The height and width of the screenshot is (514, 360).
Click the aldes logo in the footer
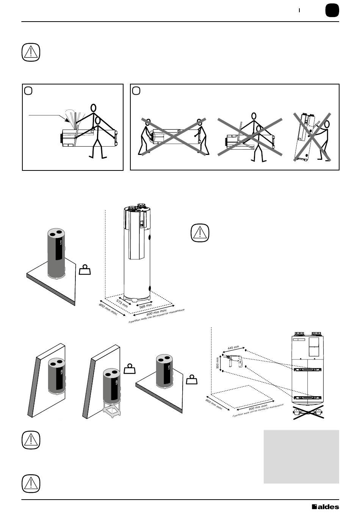(x=325, y=507)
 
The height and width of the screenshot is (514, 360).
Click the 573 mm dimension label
(x=122, y=303)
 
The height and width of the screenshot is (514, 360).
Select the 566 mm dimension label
(x=146, y=306)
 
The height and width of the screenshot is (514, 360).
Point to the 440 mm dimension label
(x=233, y=347)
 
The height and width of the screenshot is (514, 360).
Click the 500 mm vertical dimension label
(x=218, y=363)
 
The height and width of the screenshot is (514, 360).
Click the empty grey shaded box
(x=301, y=456)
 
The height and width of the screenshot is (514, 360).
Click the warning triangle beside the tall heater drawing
(x=200, y=233)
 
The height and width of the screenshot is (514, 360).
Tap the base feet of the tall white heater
(x=136, y=299)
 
